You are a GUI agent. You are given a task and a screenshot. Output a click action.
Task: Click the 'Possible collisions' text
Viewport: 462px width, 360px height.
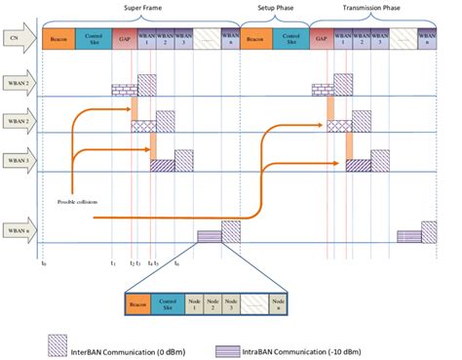pos(81,202)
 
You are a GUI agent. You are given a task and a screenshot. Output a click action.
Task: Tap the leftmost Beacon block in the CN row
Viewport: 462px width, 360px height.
pos(58,38)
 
